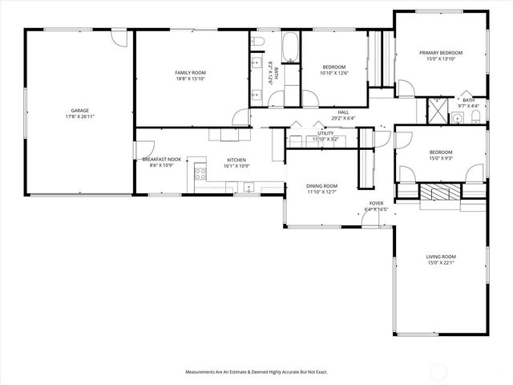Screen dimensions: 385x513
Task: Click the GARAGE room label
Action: point(79,111)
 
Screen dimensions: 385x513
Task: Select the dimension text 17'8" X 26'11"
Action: point(79,117)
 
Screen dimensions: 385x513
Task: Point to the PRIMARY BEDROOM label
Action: point(441,53)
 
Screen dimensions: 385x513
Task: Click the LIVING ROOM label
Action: point(441,257)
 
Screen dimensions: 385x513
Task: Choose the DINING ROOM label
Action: point(321,186)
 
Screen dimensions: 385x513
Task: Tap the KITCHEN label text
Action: point(236,160)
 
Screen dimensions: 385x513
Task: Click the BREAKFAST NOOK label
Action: point(162,160)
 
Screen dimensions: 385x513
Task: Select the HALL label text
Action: point(343,112)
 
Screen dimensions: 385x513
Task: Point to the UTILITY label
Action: point(325,133)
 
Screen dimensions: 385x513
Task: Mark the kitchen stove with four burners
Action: point(198,173)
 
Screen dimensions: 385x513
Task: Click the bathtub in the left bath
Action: point(289,48)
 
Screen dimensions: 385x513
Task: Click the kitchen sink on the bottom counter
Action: point(248,189)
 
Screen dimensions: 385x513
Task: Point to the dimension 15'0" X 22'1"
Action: point(441,263)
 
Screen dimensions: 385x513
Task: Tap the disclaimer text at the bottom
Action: point(256,372)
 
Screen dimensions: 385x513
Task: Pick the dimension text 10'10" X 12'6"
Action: point(333,73)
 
